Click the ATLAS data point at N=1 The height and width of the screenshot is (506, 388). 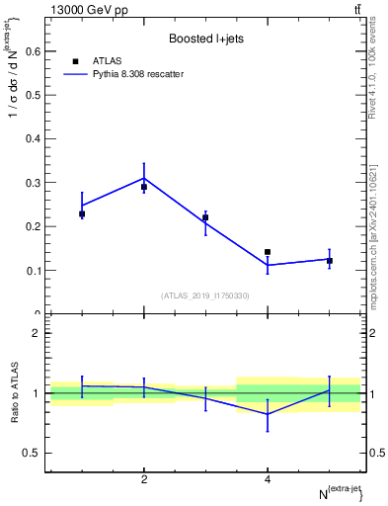[x=82, y=213]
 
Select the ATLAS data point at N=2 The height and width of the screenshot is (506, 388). [x=144, y=187]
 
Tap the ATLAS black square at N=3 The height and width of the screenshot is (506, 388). [x=205, y=217]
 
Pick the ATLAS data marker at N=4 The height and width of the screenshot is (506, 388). [x=268, y=252]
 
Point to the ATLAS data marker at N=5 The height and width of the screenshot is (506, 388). [x=330, y=261]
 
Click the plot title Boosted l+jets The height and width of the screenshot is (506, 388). [x=205, y=39]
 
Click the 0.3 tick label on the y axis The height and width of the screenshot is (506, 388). [x=32, y=183]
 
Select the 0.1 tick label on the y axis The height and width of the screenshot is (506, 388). [x=32, y=271]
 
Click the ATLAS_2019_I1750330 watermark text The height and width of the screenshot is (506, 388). [x=205, y=295]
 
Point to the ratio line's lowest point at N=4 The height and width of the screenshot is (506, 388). [x=268, y=415]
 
